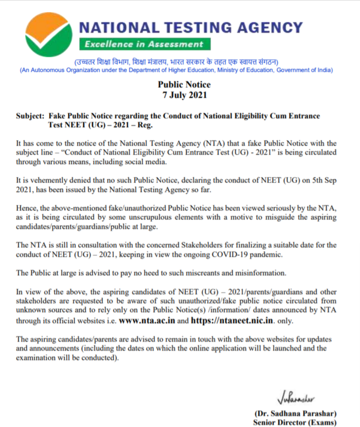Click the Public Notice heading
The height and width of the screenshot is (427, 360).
pos(184,85)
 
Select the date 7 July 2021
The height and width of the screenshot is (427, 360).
pos(184,95)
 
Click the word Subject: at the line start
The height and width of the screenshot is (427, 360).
pos(31,116)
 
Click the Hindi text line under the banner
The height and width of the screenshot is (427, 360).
pos(177,62)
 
